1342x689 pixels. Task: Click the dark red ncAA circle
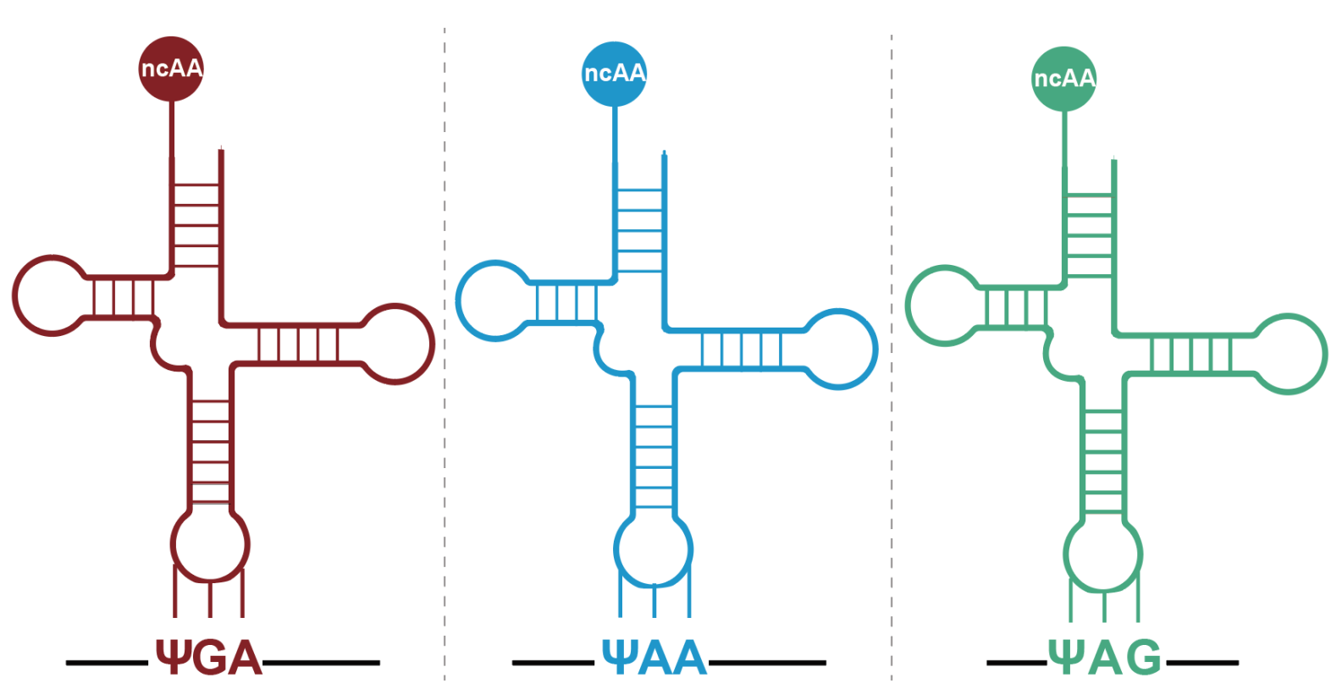click(x=171, y=69)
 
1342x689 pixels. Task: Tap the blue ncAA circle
click(x=615, y=74)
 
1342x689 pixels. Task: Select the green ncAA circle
click(x=1063, y=79)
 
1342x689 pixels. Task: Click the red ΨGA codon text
click(x=208, y=658)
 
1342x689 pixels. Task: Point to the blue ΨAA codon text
click(x=654, y=658)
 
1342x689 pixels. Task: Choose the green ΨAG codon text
click(x=1105, y=658)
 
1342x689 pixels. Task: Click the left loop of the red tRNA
click(x=49, y=295)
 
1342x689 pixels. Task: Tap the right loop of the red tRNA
click(x=396, y=344)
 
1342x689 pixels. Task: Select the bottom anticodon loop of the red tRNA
click(x=210, y=543)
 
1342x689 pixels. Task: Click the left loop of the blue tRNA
click(x=493, y=300)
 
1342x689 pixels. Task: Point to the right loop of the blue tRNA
click(x=839, y=349)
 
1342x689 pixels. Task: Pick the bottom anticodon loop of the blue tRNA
click(x=653, y=549)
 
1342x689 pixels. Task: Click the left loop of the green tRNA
click(x=942, y=306)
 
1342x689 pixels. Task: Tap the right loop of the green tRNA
click(x=1289, y=354)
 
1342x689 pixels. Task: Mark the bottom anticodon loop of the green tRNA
click(x=1103, y=554)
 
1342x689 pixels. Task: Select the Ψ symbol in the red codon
click(x=172, y=658)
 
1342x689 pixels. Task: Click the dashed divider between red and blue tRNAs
click(x=445, y=339)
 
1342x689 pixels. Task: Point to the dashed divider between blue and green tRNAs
click(x=892, y=339)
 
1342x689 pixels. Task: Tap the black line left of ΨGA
click(x=108, y=662)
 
